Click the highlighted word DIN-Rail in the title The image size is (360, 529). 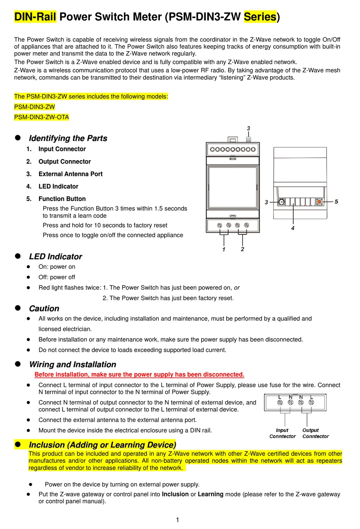pos(35,17)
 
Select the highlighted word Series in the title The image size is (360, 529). pos(260,17)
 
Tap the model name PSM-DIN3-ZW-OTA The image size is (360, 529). pos(41,117)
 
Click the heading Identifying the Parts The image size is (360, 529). pos(68,138)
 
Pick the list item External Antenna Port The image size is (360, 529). pos(70,174)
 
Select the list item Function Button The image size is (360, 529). pos(62,199)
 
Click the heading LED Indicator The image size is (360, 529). pos(55,256)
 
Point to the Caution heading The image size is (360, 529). pos(44,308)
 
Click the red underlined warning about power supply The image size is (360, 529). pos(139,375)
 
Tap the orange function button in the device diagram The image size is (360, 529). pos(319,202)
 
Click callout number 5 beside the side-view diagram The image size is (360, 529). pos(336,201)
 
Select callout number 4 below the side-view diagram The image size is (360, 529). pos(293,228)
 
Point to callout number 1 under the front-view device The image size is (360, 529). pos(224,249)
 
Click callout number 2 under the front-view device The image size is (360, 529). pos(243,249)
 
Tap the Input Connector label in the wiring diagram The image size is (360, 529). pos(282,433)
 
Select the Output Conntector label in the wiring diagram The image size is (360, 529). pos(315,433)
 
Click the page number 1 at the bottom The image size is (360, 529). pos(177,520)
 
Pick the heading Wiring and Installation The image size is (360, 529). pos(72,364)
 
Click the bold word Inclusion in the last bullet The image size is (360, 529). pos(175,494)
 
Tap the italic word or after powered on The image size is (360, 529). pos(237,287)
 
